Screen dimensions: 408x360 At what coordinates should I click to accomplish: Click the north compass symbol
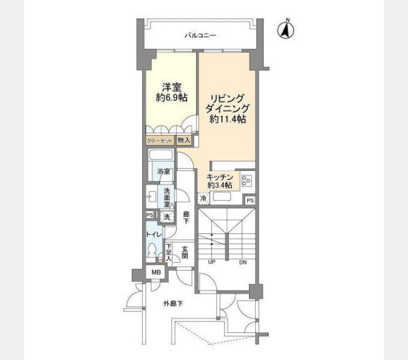tap(286, 29)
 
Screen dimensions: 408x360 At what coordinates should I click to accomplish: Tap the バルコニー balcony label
tap(200, 35)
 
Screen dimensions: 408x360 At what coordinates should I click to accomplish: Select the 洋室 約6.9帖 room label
tap(172, 92)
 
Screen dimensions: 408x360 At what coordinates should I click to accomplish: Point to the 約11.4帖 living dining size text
tap(227, 119)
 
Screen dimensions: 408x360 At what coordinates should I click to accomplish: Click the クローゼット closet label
tap(159, 141)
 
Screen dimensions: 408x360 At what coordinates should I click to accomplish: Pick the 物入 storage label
tap(184, 140)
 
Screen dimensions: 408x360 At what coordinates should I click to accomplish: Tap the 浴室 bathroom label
tap(164, 172)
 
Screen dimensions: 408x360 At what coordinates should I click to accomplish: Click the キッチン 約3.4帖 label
tap(220, 181)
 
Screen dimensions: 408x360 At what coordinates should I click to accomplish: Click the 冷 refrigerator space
tap(204, 198)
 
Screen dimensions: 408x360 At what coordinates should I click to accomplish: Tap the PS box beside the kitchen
tap(250, 200)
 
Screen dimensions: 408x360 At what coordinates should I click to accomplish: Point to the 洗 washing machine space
tap(167, 217)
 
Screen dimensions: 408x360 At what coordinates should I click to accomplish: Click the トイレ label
tap(154, 235)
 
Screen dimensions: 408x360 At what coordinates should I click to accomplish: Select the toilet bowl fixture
tap(151, 251)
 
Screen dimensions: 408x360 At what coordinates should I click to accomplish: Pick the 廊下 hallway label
tap(186, 218)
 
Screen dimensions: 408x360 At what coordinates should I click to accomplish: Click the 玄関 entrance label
tap(185, 253)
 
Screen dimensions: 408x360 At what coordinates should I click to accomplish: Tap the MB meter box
tap(157, 272)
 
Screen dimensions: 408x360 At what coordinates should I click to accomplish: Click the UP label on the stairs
tap(212, 262)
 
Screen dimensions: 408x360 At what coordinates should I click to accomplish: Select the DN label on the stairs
tap(243, 262)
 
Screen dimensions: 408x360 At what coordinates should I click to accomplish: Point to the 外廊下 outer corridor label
tap(173, 303)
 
